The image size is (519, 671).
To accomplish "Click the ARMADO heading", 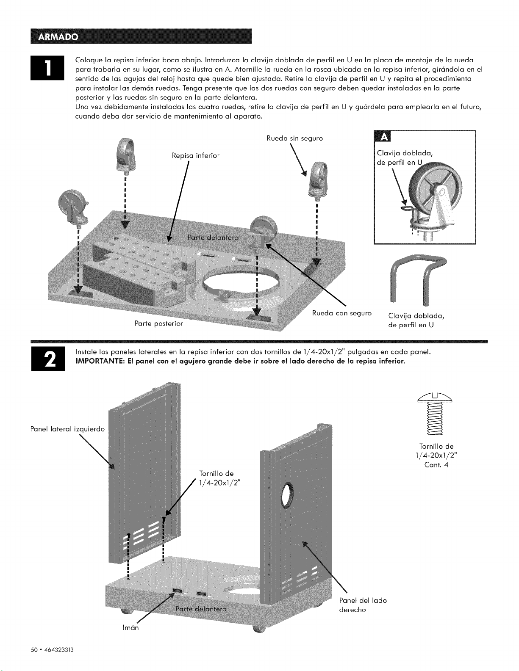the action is click(58, 37).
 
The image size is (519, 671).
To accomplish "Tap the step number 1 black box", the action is click(47, 68).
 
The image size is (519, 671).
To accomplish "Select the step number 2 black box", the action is click(48, 359).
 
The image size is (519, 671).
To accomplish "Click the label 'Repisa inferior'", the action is click(196, 156).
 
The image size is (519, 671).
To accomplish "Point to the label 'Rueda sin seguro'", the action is click(295, 138).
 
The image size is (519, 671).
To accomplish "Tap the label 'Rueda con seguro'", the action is click(341, 313).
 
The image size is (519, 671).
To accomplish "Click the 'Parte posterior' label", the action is click(159, 323).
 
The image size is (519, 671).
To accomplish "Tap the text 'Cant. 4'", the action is click(436, 465).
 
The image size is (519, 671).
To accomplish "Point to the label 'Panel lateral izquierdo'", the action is click(68, 429).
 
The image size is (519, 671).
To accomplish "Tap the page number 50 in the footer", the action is click(34, 650).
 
